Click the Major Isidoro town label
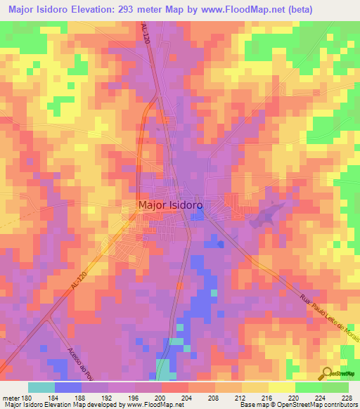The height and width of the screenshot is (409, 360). pos(171,205)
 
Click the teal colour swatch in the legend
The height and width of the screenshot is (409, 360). pos(41,387)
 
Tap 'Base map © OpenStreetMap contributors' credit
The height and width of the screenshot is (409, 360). pos(297,405)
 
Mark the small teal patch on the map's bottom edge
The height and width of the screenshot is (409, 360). pos(164,369)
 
